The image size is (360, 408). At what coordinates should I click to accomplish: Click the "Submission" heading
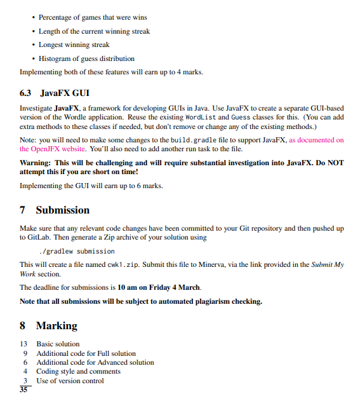point(62,210)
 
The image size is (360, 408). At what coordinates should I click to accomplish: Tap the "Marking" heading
point(57,325)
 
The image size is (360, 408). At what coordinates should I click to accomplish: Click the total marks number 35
point(24,390)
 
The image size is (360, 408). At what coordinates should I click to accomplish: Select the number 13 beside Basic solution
point(24,344)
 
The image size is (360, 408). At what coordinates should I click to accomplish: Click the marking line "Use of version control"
point(70,381)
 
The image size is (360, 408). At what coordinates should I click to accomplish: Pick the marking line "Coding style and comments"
point(78,371)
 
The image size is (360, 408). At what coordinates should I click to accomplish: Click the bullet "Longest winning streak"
point(74,44)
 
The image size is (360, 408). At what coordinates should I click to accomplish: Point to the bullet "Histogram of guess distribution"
point(86,58)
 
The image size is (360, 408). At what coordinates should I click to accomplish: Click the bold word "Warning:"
point(39,163)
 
